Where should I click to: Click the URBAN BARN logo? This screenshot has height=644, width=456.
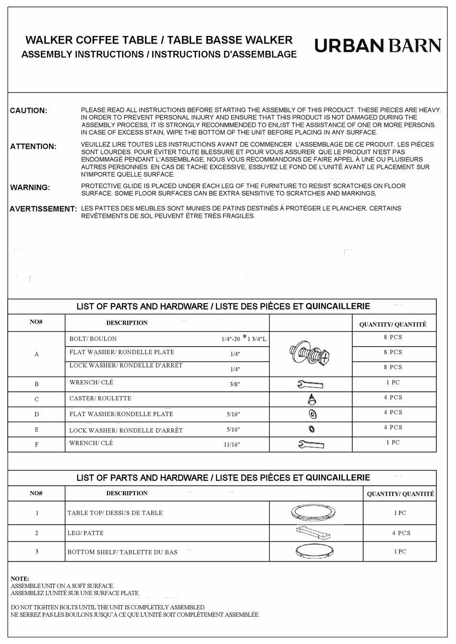(377, 46)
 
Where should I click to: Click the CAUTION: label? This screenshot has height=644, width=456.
(28, 111)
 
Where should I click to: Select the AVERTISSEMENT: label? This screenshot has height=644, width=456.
(43, 209)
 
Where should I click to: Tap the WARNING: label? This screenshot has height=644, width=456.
(30, 187)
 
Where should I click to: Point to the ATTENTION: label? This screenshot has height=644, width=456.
(33, 147)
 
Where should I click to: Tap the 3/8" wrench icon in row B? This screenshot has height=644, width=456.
(311, 384)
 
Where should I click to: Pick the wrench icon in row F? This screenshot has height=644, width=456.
(311, 445)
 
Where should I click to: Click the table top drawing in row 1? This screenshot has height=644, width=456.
(311, 512)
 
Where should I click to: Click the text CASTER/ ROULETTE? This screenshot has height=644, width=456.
(100, 398)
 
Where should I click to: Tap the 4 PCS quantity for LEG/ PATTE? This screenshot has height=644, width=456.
(401, 533)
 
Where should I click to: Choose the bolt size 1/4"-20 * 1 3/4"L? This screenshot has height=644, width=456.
(243, 339)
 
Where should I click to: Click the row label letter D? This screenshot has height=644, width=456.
(36, 414)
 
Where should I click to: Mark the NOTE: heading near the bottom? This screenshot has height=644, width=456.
(20, 579)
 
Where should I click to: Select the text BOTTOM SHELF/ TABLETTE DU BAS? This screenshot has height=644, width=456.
(122, 552)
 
